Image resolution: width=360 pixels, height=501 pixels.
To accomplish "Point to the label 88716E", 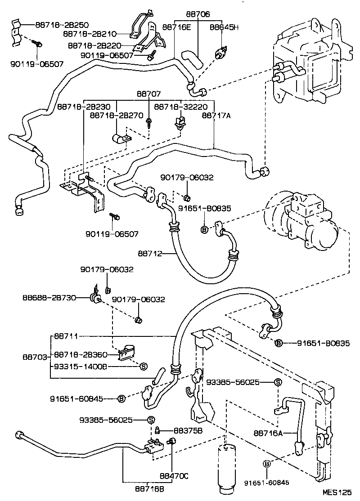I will click(176, 27).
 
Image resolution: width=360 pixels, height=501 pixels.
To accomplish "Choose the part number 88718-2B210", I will click(90, 34).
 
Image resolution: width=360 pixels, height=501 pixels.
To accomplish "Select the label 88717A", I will click(216, 116).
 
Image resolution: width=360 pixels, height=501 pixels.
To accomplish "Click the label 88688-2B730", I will click(48, 298).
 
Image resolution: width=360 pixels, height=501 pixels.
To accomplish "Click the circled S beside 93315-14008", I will click(144, 366).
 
